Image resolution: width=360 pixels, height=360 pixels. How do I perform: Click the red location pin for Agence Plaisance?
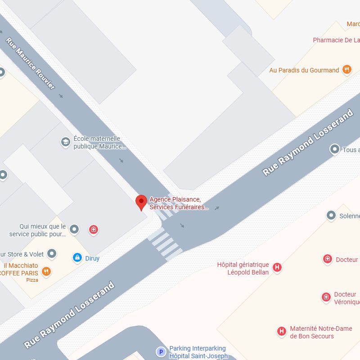tap(141, 202)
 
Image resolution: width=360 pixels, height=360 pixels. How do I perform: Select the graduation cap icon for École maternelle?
tap(66, 143)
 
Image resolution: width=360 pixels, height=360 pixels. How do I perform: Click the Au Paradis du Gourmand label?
tap(304, 70)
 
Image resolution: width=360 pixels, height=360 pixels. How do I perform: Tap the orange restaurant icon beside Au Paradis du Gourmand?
tap(346, 69)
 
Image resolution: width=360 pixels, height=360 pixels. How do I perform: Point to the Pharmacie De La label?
tap(336, 40)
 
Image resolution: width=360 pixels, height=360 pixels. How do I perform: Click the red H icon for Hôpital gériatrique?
tap(277, 267)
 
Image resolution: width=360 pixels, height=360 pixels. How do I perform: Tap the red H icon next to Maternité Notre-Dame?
tap(282, 332)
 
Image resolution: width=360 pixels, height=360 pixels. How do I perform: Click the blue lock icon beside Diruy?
tap(77, 258)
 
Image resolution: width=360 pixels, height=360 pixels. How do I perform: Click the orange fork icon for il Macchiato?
tap(46, 271)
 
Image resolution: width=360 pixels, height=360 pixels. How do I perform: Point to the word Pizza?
tap(32, 280)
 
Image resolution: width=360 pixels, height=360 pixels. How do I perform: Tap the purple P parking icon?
tap(160, 352)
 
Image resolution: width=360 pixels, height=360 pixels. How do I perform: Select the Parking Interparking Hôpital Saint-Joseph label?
tap(198, 352)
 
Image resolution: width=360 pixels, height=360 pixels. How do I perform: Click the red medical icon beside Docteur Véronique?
tap(326, 297)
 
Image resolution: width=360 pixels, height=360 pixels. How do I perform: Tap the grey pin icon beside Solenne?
tap(331, 216)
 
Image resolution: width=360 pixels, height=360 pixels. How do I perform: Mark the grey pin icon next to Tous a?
tap(334, 149)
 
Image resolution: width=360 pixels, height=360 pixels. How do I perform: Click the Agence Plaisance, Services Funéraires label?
tap(179, 203)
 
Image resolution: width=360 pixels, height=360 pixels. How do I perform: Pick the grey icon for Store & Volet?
tap(52, 254)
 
